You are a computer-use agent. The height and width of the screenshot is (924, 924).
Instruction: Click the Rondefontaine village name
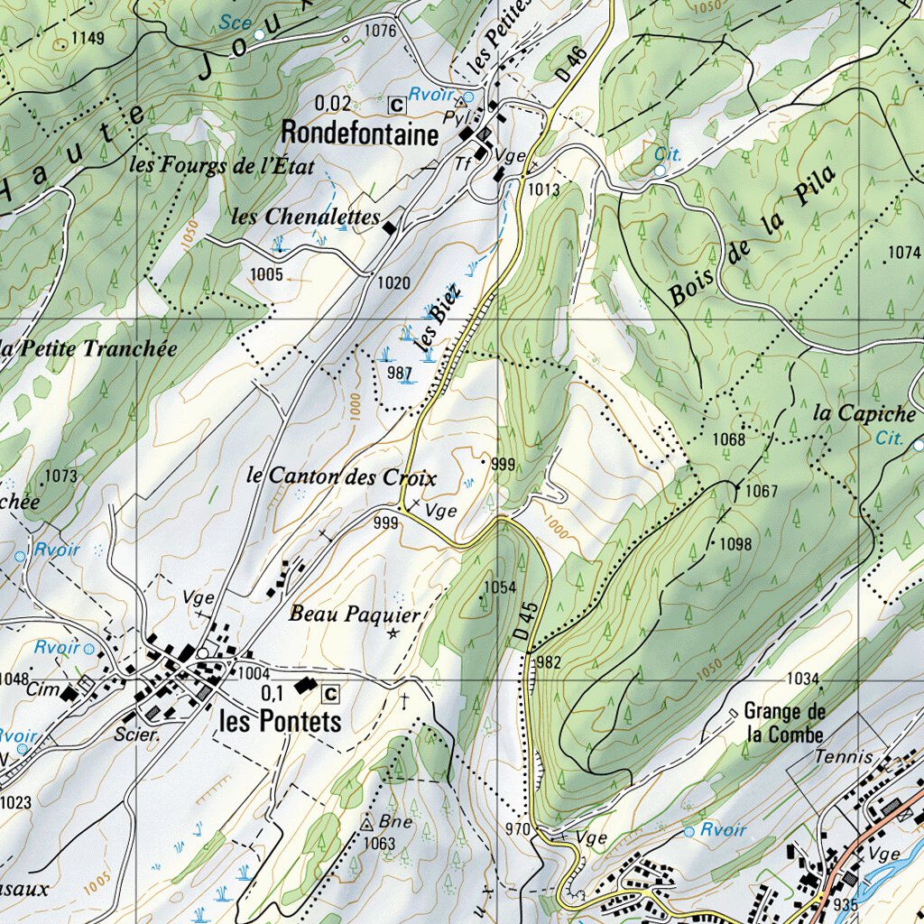[360, 134]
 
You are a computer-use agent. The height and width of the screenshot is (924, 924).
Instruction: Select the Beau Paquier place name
[355, 614]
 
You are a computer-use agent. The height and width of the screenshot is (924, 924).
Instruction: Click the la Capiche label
[864, 413]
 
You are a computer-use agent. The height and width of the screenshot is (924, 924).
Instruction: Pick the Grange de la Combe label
[785, 722]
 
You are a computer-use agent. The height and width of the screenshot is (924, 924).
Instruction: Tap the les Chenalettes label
[305, 217]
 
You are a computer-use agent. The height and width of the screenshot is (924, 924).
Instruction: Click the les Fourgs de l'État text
[221, 165]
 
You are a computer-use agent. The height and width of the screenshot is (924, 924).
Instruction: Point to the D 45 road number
[528, 622]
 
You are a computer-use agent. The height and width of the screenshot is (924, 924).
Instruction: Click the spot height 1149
[88, 38]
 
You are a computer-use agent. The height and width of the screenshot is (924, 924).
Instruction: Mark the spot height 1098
[735, 544]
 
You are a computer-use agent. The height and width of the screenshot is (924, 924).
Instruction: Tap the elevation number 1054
[499, 587]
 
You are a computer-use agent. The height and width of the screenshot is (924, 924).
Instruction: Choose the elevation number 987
[399, 373]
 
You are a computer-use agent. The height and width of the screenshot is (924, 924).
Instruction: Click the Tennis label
[844, 757]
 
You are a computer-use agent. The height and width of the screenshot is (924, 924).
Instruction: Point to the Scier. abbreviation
[136, 735]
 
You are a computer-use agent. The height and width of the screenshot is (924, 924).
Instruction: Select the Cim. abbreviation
[42, 690]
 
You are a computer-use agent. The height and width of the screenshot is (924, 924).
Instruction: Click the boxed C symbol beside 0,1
[331, 693]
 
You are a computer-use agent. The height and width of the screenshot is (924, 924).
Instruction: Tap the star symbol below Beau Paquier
[393, 634]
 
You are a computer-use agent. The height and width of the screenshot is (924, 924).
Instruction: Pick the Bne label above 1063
[395, 822]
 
